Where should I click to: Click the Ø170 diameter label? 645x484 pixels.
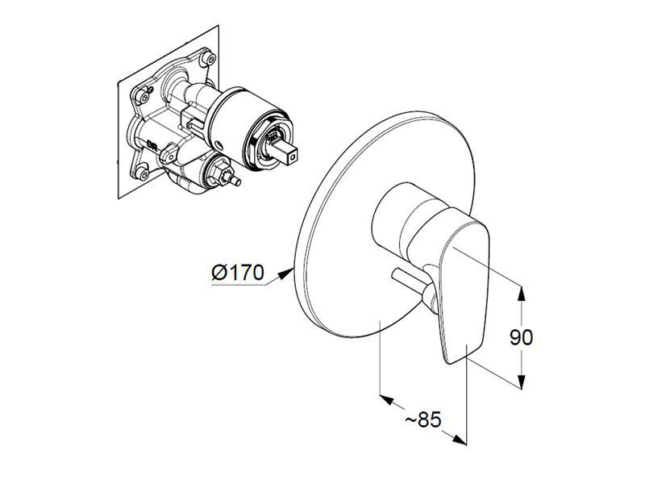click(x=237, y=272)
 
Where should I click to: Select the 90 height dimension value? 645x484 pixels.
click(x=521, y=337)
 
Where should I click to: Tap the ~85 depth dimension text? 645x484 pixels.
click(x=423, y=420)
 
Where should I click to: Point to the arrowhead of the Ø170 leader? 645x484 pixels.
click(x=286, y=273)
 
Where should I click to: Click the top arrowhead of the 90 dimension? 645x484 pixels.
click(x=521, y=294)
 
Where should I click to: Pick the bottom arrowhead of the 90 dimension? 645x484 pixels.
click(x=521, y=381)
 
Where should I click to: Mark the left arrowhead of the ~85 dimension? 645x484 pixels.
click(x=387, y=398)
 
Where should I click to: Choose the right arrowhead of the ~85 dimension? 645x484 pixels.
click(x=460, y=439)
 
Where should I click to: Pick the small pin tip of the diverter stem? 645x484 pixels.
click(x=236, y=181)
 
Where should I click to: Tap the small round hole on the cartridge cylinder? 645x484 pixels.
click(x=218, y=145)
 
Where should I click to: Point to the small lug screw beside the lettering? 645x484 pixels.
click(x=169, y=155)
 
